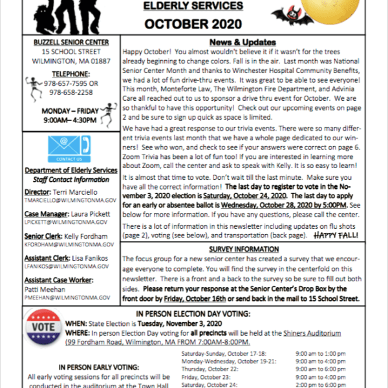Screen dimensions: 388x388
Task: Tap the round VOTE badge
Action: (x=45, y=328)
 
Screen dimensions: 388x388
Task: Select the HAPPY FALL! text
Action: (x=336, y=237)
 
